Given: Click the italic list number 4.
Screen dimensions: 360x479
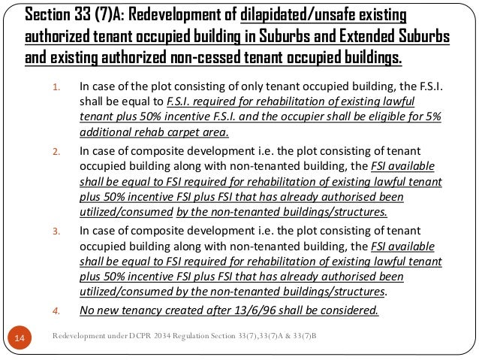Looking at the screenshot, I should click(x=56, y=308).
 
